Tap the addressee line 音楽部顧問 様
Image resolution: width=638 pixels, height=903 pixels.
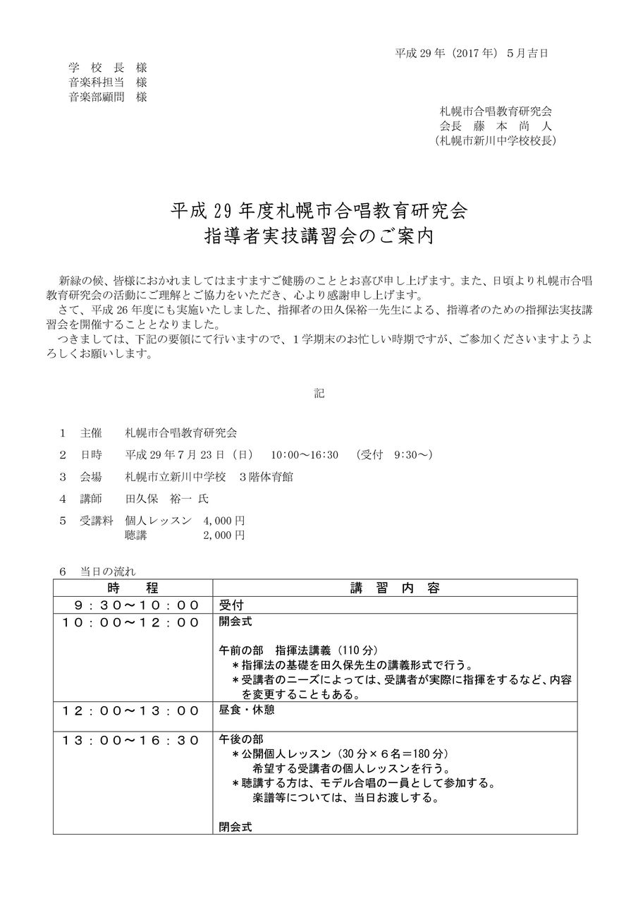(108, 97)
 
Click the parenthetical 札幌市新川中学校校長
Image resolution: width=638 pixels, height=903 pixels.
(496, 140)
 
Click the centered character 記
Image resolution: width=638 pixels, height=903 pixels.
(319, 394)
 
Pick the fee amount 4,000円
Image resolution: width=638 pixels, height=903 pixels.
(223, 520)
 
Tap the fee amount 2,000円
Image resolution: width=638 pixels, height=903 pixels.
(223, 535)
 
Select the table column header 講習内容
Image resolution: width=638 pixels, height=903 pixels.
(394, 588)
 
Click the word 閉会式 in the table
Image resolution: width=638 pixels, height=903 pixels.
(235, 825)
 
